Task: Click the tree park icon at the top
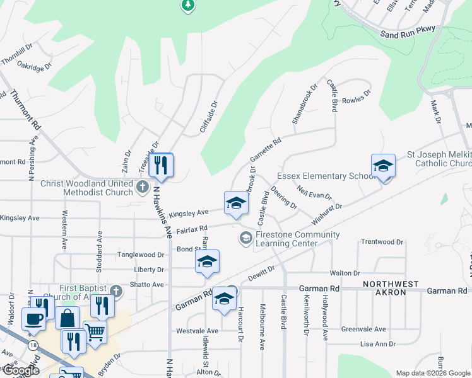coord(187,6)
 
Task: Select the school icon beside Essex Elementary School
coord(383,166)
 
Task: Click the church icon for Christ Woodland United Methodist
coord(143,186)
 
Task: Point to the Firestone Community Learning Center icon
coord(245,238)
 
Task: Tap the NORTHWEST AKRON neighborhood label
coord(390,285)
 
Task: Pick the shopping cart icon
coord(95,331)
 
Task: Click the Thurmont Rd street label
coord(25,110)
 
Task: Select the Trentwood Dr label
coord(382,242)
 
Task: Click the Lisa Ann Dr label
coord(377,344)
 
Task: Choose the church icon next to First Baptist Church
coord(115,290)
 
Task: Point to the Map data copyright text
coord(432,373)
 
